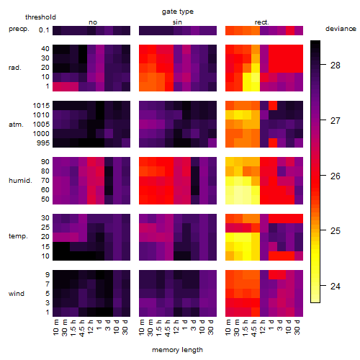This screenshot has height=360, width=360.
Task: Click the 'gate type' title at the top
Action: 178,12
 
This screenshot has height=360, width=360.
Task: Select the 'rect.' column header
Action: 262,22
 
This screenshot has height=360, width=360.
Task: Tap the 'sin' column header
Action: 177,22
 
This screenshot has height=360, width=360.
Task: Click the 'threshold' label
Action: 40,17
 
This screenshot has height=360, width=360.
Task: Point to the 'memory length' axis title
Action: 177,350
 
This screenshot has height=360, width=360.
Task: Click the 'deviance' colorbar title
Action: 341,29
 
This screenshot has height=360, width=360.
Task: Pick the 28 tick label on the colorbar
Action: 336,66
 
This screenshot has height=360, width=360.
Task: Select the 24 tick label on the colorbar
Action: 336,286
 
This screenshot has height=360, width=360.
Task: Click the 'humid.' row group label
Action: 20,181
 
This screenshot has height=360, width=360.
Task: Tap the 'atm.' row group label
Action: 16,125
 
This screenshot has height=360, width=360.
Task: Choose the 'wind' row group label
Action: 17,294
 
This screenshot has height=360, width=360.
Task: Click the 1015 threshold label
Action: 41,106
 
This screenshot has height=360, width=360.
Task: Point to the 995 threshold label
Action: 43,143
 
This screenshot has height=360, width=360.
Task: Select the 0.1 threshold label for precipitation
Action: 44,30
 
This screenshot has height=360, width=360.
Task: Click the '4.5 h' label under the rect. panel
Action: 254,328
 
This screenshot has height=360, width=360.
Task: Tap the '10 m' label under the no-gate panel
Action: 55,328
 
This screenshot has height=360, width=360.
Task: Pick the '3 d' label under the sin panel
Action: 194,325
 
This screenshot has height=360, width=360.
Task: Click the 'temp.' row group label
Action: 18,236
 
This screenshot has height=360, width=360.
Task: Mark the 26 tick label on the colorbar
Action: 336,176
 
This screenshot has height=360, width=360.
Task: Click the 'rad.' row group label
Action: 15,68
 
